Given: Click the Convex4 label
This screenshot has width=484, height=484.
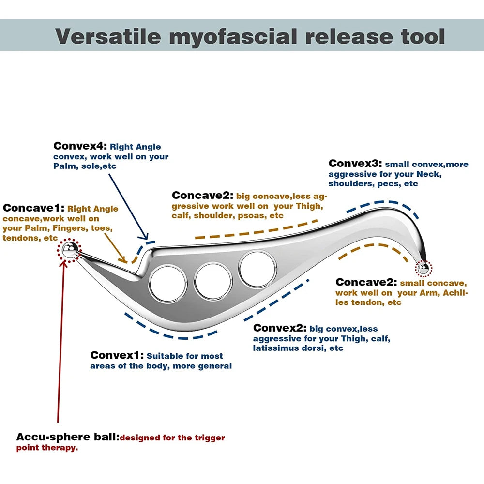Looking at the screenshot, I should (x=80, y=146).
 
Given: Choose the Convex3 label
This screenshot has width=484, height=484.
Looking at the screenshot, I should (x=355, y=164).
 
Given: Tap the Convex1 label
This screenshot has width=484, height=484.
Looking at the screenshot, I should (x=117, y=355).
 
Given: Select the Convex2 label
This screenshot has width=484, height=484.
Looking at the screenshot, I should (x=280, y=328).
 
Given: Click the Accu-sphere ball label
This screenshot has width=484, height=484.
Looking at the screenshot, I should (x=67, y=437).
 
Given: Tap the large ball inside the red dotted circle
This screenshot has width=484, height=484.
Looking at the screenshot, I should (x=69, y=250).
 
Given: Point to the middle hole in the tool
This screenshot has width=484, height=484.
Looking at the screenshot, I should (x=213, y=280).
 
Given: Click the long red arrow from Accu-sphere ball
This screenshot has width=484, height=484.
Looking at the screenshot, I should (x=60, y=339).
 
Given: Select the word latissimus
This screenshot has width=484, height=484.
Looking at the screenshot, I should (x=275, y=348).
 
